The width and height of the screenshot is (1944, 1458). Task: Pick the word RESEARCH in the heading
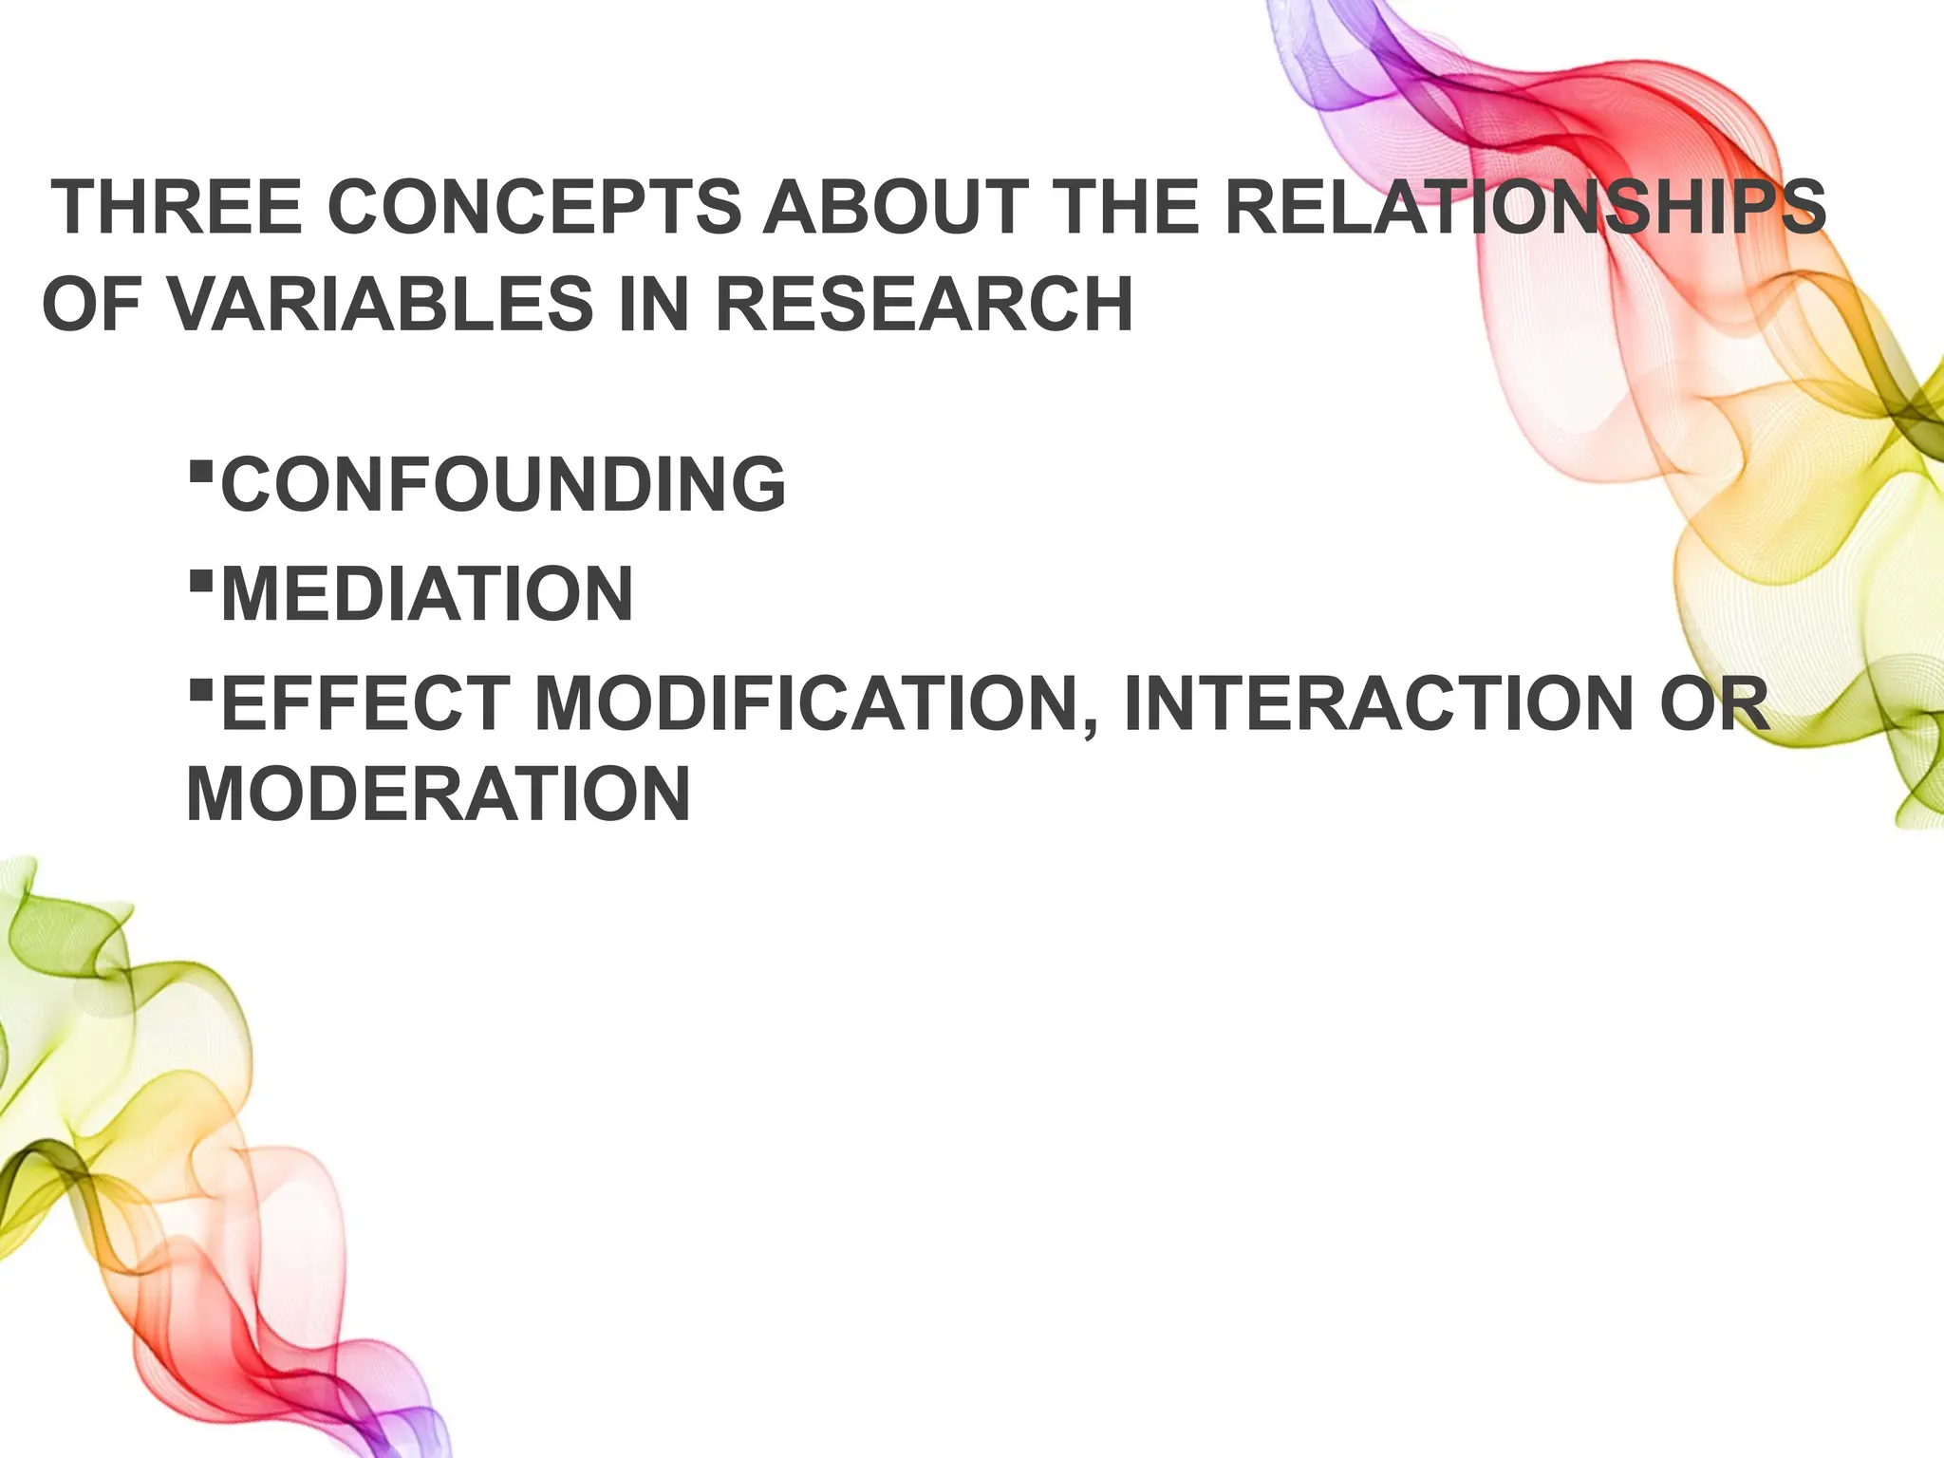[x=923, y=305]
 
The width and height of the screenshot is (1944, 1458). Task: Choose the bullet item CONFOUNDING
[x=503, y=484]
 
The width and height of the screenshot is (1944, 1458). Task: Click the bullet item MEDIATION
[x=427, y=594]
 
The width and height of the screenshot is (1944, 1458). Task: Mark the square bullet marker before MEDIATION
[x=199, y=578]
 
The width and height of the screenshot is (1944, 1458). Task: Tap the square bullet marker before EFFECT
[x=199, y=688]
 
